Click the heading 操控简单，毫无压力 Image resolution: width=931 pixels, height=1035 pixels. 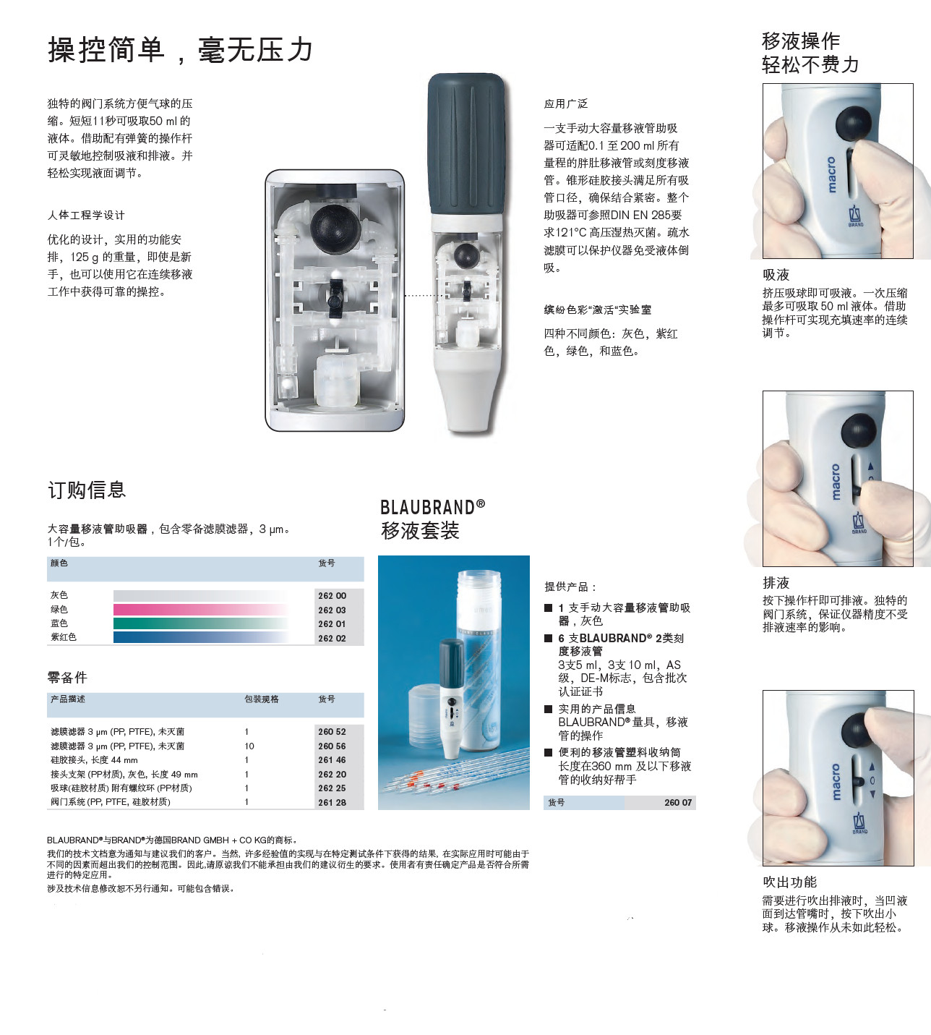click(180, 51)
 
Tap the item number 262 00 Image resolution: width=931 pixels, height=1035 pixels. click(332, 595)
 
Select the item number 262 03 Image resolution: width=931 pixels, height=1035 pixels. click(332, 610)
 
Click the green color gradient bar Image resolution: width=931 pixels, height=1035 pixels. click(201, 623)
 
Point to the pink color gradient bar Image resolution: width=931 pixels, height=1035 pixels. click(201, 609)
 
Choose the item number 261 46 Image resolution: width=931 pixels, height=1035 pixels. click(332, 760)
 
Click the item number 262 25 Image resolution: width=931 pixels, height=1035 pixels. click(332, 788)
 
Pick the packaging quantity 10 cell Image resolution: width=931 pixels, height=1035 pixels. click(249, 746)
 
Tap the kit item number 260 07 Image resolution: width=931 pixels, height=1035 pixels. click(678, 802)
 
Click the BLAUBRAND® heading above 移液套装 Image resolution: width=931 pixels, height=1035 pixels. click(432, 507)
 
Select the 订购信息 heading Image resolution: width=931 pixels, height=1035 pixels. click(87, 490)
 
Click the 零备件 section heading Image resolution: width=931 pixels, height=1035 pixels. click(67, 677)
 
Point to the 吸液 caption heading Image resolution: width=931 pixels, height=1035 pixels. click(776, 275)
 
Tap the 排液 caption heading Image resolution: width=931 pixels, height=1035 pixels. click(776, 582)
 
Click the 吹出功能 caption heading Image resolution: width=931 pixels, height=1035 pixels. click(789, 882)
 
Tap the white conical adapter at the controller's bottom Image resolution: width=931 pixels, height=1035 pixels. click(467, 391)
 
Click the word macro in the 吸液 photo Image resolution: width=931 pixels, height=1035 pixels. click(831, 175)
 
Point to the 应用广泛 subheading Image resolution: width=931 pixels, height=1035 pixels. click(565, 103)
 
